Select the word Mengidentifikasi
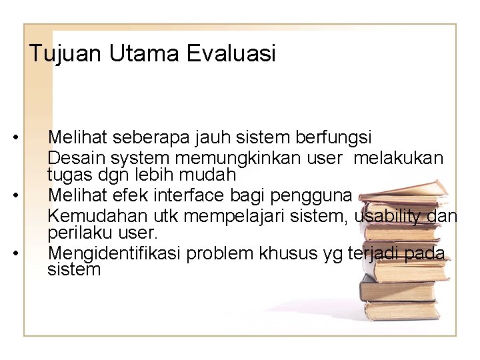115,255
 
